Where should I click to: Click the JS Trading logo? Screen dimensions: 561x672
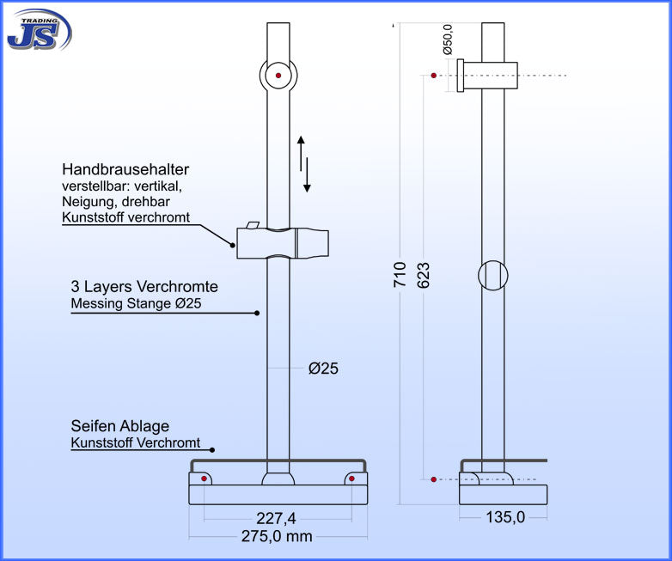(39, 29)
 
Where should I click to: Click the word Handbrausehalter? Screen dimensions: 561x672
(125, 170)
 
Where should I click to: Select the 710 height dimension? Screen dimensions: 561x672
(400, 274)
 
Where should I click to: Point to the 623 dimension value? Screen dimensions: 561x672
(424, 274)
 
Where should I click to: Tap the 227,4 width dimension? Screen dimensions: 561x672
(278, 518)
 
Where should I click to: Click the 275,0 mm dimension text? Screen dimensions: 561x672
(278, 536)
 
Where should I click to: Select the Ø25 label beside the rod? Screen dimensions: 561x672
(323, 369)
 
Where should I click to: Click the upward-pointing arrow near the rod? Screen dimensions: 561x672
(301, 151)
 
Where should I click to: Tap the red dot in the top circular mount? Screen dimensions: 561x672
(278, 76)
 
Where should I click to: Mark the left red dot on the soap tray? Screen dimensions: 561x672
(204, 478)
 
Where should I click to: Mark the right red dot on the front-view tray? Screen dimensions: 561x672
(352, 478)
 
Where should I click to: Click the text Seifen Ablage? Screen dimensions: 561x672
(120, 426)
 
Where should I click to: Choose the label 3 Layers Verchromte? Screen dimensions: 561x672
(144, 287)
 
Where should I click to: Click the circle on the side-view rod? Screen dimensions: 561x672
(492, 275)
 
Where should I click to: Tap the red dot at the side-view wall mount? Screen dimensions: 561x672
(434, 76)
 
